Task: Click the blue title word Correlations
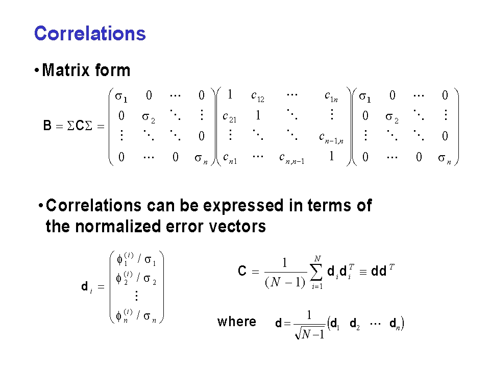tap(90, 34)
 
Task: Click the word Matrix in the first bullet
tap(66, 70)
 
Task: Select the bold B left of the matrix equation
tap(47, 126)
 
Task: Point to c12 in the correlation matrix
tap(258, 96)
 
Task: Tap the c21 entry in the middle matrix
tap(229, 117)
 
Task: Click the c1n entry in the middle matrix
tap(331, 96)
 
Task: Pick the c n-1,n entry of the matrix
tap(331, 138)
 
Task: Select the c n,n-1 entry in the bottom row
tap(291, 159)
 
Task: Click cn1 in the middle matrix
tap(230, 159)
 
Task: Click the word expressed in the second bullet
tap(243, 206)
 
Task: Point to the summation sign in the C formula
tap(316, 272)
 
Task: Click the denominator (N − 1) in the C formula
tap(285, 282)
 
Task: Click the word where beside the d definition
tap(237, 322)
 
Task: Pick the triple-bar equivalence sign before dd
tap(363, 272)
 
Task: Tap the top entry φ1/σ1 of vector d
tap(136, 259)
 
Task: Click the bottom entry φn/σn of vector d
tap(136, 316)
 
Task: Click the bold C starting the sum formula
tap(242, 271)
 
